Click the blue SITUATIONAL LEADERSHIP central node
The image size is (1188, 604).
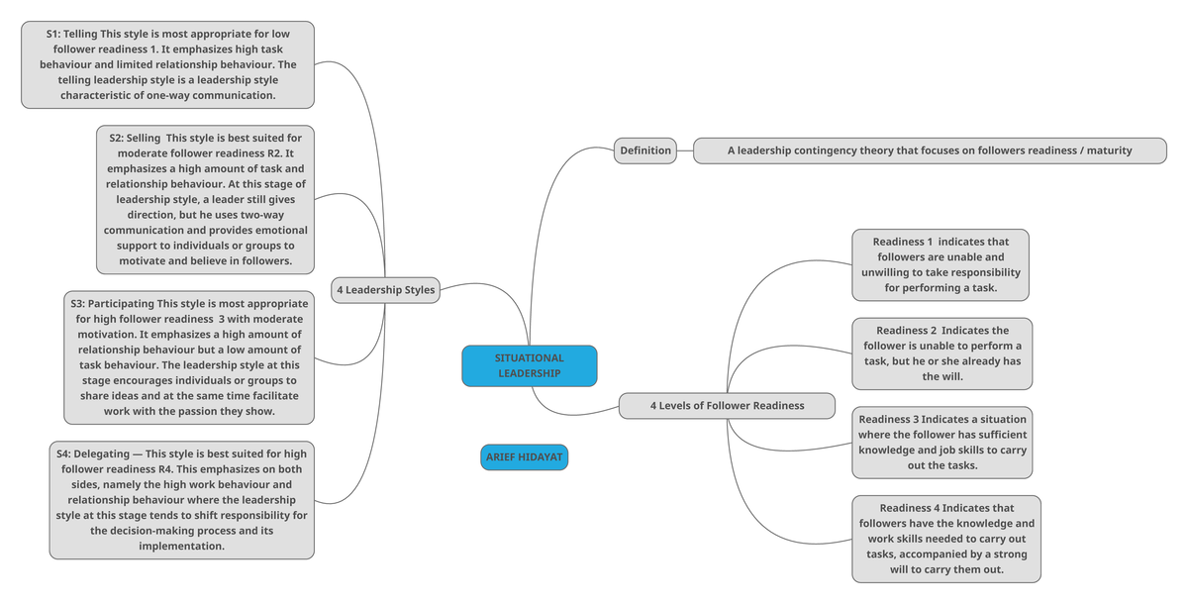529,365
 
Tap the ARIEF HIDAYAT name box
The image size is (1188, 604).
525,457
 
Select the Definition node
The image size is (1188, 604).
644,151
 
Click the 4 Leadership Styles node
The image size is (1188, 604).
385,290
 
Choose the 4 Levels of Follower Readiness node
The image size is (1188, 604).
727,405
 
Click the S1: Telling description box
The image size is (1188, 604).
167,64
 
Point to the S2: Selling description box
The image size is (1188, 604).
206,198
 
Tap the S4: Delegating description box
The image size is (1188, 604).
182,499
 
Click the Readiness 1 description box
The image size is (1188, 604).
940,264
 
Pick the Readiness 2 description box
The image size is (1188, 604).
941,353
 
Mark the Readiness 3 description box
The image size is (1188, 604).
942,442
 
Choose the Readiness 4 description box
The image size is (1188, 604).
945,539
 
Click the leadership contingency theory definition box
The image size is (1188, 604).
929,151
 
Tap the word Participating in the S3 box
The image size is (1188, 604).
122,303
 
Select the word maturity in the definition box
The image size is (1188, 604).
1109,151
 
